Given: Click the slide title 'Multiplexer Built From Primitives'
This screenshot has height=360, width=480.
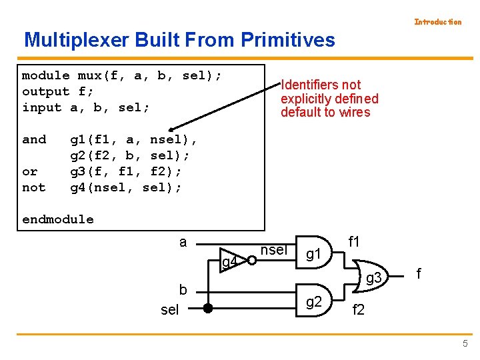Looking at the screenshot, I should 179,40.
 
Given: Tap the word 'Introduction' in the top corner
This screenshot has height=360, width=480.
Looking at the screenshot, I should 437,22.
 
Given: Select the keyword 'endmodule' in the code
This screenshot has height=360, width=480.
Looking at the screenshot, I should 58,219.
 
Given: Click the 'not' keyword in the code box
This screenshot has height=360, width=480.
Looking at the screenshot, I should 34,187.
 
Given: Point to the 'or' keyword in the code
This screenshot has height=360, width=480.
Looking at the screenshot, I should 30,171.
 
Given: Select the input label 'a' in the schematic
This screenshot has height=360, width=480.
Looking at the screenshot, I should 183,242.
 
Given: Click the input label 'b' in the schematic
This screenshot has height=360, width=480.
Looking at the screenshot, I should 183,290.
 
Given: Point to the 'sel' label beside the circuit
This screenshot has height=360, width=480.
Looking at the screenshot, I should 170,310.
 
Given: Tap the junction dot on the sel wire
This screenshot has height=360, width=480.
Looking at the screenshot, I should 207,308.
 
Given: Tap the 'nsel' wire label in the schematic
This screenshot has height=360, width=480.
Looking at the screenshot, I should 273,250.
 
